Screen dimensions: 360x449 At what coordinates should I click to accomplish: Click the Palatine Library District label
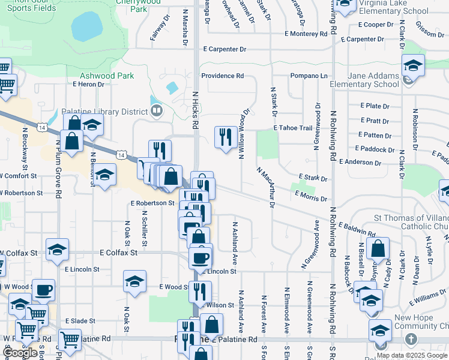pyautogui.click(x=105, y=112)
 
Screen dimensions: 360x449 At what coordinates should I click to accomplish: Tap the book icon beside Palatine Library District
pyautogui.click(x=157, y=110)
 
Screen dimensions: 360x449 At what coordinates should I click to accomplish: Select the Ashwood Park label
pyautogui.click(x=107, y=76)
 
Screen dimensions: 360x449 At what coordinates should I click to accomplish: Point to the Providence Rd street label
pyautogui.click(x=222, y=76)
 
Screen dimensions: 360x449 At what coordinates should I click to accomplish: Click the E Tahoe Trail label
pyautogui.click(x=293, y=128)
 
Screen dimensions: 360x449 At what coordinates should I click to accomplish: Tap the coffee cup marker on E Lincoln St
pyautogui.click(x=200, y=258)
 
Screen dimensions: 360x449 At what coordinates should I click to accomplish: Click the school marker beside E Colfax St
pyautogui.click(x=57, y=250)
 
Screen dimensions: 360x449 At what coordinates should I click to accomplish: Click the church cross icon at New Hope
pyautogui.click(x=411, y=340)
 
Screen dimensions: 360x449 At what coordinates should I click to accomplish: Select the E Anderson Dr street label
pyautogui.click(x=360, y=162)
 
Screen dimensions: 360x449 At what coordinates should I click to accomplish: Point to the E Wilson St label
pyautogui.click(x=217, y=305)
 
